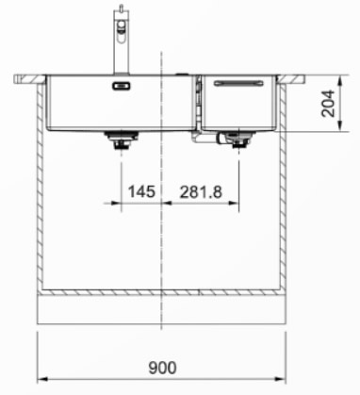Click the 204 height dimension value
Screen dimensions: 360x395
click(x=328, y=104)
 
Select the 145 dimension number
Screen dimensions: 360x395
click(x=141, y=191)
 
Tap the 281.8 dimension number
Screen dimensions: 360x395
click(x=201, y=191)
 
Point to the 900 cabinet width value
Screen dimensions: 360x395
click(x=162, y=368)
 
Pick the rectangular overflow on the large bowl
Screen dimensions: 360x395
click(x=122, y=86)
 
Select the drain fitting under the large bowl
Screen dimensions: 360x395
click(x=122, y=140)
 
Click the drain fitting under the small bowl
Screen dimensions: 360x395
click(x=238, y=140)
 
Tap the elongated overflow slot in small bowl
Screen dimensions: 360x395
click(x=238, y=83)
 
